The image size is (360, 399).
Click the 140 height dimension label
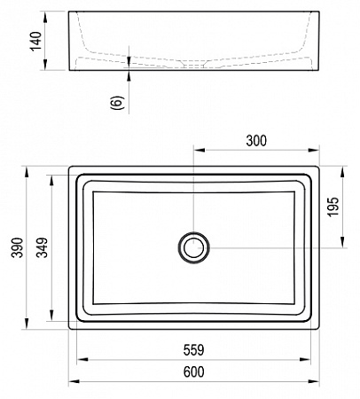[36, 41]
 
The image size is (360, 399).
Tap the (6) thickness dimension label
[116, 103]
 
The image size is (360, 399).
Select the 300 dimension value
[256, 141]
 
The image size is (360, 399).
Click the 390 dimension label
[17, 247]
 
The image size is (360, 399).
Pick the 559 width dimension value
[193, 350]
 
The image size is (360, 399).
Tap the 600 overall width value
[193, 372]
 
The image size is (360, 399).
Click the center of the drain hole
[193, 247]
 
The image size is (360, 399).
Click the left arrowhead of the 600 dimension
[74, 381]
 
